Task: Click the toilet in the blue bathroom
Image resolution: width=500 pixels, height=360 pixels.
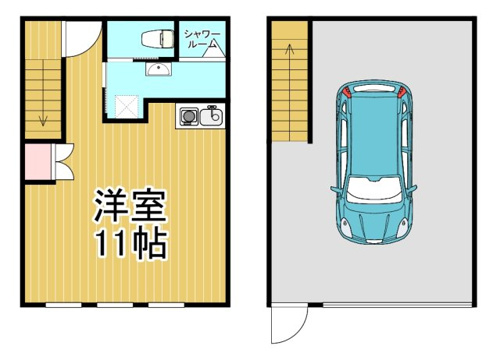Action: [158, 38]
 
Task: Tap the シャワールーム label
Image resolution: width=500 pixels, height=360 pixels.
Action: [202, 39]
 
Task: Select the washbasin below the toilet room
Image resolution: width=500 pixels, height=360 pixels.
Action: [158, 69]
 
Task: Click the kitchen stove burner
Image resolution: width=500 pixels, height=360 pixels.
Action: [189, 117]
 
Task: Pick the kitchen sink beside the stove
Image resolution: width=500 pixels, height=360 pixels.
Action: [211, 116]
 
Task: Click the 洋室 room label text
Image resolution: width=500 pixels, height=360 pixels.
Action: [130, 206]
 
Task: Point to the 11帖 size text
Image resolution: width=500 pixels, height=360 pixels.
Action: [131, 242]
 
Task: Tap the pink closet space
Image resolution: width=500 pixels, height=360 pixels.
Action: [38, 162]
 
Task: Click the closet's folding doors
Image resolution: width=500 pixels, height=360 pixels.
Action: [63, 162]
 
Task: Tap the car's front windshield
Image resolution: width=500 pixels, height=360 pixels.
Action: [374, 189]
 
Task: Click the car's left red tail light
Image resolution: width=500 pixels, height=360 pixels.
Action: [347, 92]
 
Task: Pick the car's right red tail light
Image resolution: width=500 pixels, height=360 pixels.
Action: [401, 92]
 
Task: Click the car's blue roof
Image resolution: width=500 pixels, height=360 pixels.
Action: [374, 133]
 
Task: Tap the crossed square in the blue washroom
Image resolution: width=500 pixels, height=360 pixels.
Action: [126, 106]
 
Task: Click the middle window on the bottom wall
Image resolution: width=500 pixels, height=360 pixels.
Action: [115, 305]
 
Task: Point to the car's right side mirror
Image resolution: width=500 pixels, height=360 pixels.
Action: [412, 189]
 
